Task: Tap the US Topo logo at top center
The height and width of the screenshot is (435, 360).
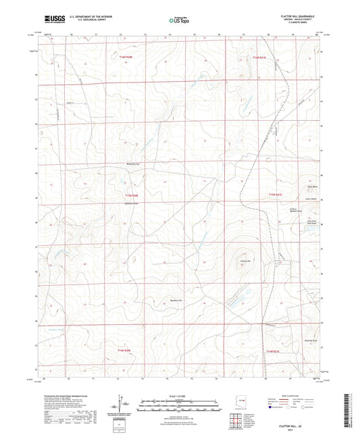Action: tap(178, 21)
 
